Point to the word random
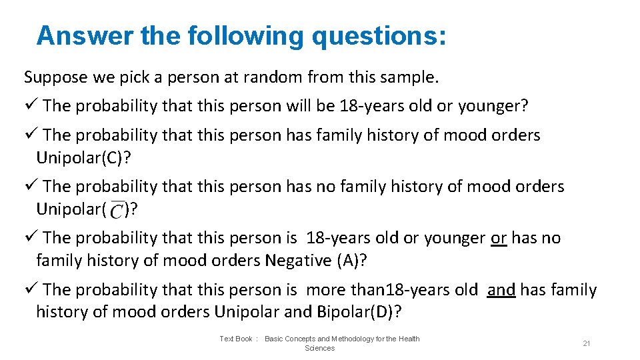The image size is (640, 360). pos(272,77)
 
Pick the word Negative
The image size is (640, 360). pos(297,261)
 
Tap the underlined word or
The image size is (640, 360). pos(499,238)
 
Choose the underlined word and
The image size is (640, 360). pos(501,290)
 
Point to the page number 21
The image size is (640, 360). pos(587,343)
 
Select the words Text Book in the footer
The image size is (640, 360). pos(236,339)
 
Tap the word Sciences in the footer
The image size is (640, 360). pos(319,349)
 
